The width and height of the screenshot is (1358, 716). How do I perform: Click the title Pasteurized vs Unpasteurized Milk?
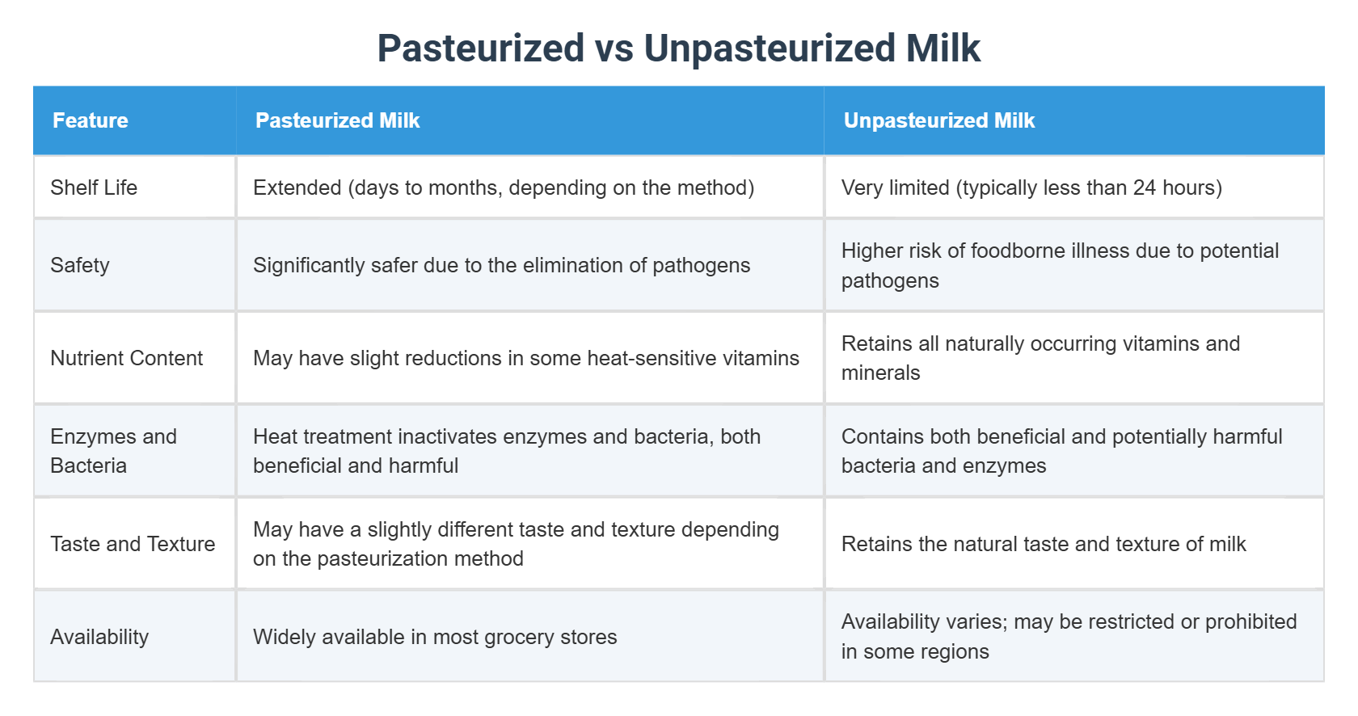coord(678,48)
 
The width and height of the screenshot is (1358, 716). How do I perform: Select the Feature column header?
coord(91,120)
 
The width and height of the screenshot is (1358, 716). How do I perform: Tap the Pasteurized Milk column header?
coord(337,120)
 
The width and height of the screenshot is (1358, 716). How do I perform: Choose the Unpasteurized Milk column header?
coord(938,120)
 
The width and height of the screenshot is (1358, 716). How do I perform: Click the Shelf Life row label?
coord(94,187)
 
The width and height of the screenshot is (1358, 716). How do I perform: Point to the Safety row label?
coord(80,265)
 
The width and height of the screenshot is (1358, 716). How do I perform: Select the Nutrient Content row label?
coord(127,358)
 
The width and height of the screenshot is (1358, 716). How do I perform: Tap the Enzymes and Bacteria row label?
coord(113,451)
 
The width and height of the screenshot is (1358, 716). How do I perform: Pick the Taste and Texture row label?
coord(133,544)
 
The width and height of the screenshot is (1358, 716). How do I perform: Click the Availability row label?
coord(99,637)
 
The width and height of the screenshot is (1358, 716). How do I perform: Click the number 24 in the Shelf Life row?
coord(1144,187)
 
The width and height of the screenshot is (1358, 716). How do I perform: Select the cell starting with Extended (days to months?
coord(504,187)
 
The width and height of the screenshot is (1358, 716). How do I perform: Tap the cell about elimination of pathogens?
coord(501,265)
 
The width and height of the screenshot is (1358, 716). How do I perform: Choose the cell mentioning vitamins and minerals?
coord(1040,358)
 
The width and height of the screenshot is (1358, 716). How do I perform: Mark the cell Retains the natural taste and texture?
coord(1044,544)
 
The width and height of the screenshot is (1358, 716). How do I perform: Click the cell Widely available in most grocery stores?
coord(435,637)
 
